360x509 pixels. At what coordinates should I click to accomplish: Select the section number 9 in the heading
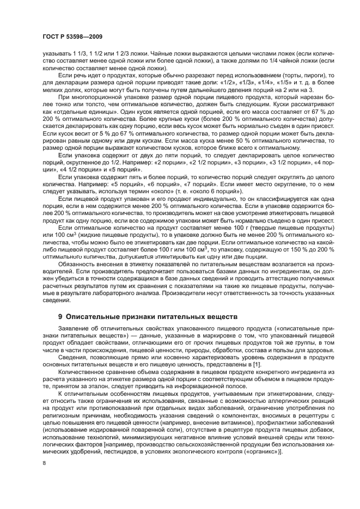point(60,316)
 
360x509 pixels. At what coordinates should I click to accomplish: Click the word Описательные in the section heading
point(93,316)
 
